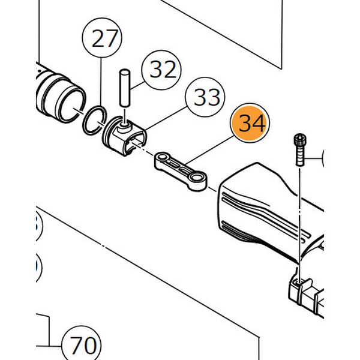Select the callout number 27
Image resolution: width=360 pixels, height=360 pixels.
[x=104, y=40]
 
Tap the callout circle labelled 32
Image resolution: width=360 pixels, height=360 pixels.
[x=160, y=70]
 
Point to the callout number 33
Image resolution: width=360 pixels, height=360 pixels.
[x=205, y=97]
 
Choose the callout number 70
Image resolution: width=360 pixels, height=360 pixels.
[x=83, y=346]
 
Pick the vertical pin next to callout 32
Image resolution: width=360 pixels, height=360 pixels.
[x=125, y=92]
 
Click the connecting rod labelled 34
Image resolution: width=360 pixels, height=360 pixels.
[x=180, y=172]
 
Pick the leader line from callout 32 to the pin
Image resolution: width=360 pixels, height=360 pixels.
[x=137, y=85]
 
